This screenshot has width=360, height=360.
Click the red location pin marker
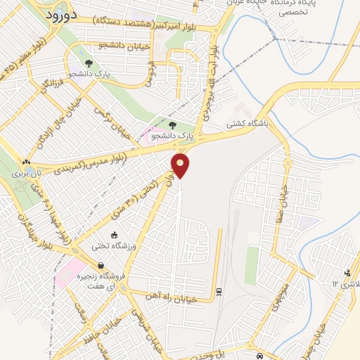point(181,165)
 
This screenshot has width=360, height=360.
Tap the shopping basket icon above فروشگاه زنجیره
point(103,266)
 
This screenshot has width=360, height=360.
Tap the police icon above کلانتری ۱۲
point(347,273)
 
